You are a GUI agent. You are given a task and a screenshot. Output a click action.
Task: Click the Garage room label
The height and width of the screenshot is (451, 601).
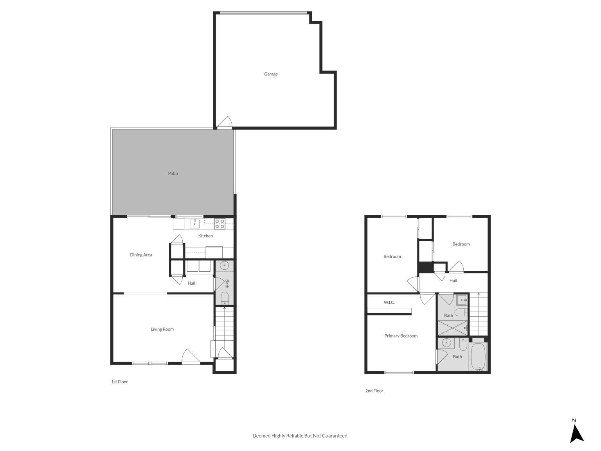coord(270,74)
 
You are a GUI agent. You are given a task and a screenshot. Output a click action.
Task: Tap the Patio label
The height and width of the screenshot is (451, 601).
coord(173,173)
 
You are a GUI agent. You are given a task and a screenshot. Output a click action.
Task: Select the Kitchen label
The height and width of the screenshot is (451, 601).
coord(205,236)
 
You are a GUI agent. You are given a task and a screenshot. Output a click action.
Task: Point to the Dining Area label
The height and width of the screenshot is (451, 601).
coord(141,254)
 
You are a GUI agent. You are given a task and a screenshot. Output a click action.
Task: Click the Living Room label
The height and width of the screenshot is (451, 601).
coord(162,329)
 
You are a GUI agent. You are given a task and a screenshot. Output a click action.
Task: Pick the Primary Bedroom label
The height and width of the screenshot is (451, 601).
coord(401,336)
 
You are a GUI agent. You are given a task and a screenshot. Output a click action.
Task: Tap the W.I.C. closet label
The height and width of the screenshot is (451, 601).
coord(389,302)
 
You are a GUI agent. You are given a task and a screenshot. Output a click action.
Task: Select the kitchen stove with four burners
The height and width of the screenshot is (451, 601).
coord(220,224)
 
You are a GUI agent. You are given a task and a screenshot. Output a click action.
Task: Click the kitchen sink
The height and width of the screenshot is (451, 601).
coord(195,224)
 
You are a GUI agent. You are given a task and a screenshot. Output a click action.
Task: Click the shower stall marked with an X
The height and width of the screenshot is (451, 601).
coord(453,328)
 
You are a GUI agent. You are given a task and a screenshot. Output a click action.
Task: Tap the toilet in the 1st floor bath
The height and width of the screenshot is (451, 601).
coord(225,298)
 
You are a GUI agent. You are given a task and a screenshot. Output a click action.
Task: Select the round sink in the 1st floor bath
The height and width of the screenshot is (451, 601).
coord(224,265)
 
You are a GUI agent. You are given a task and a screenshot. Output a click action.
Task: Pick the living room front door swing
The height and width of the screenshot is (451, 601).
coord(191,356)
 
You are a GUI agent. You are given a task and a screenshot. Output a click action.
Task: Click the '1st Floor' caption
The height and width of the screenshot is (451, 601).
coord(119,382)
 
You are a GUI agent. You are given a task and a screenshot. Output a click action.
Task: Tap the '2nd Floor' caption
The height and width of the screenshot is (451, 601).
coord(374,391)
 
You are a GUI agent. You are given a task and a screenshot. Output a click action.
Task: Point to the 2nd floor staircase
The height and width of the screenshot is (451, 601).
coord(479,314)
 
